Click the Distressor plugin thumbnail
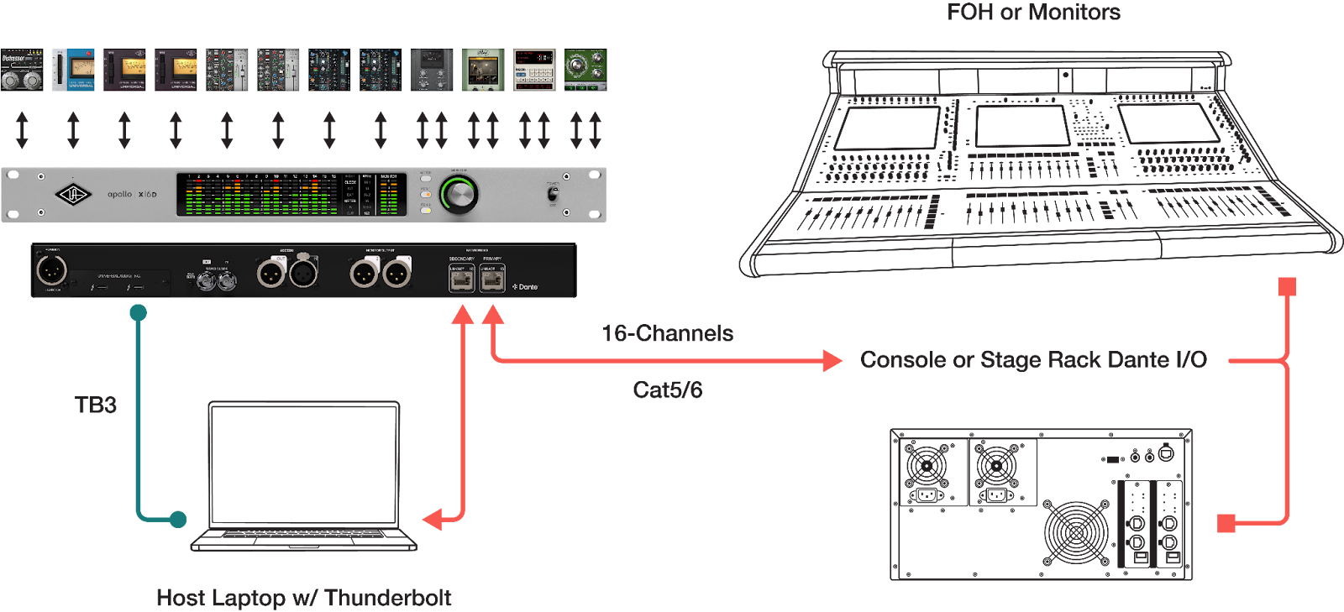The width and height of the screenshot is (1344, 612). point(22,70)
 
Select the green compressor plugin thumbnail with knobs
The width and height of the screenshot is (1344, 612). point(585,70)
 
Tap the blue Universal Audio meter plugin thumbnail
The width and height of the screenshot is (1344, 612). point(73,70)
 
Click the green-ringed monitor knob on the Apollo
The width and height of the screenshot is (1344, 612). point(459,195)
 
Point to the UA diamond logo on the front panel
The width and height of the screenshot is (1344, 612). point(72,195)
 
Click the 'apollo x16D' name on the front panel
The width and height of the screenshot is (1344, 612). point(132,195)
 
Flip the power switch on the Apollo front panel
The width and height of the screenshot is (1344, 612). point(553,193)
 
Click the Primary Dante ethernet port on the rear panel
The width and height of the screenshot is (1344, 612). point(492,279)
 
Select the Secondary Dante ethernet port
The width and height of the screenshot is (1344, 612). point(461,279)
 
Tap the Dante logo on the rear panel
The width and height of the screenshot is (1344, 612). point(526,287)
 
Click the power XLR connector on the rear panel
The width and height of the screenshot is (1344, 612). point(51,270)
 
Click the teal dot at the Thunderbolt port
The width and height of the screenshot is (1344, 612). point(139,313)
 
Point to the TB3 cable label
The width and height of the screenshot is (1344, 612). point(96,405)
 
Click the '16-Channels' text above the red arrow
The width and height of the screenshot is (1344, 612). point(667,334)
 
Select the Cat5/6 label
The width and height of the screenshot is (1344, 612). point(667,390)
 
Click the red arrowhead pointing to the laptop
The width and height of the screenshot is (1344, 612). point(432,520)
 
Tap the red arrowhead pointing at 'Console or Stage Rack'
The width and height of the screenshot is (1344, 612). point(832,361)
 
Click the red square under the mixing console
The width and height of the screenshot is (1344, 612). point(1286,287)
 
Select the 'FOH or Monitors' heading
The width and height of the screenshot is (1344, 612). point(1032,13)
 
